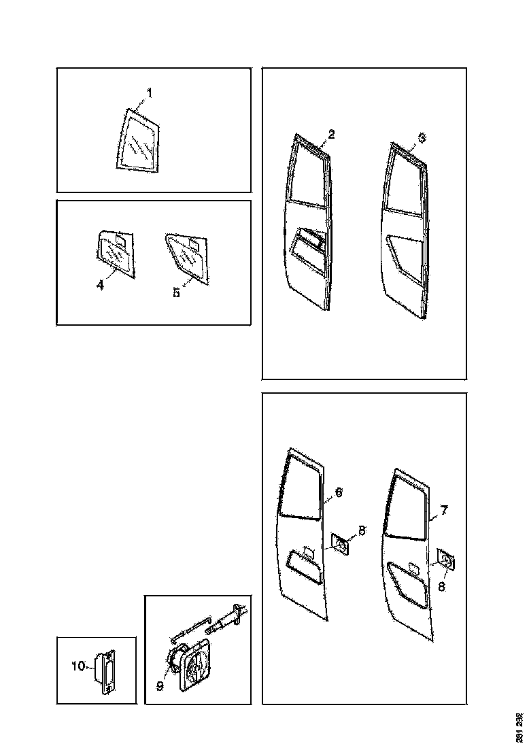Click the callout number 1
click(x=150, y=92)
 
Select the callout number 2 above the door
click(x=330, y=135)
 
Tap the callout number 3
click(x=422, y=138)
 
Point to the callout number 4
click(x=100, y=286)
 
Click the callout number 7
click(x=443, y=510)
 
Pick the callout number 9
click(x=160, y=686)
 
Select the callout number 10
click(x=78, y=667)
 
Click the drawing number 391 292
click(x=519, y=727)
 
